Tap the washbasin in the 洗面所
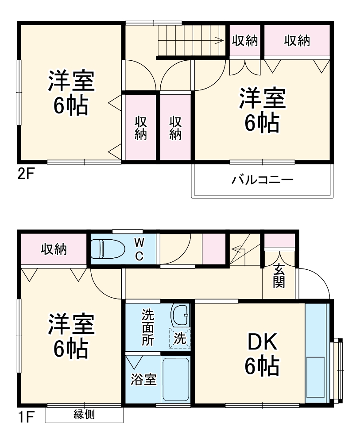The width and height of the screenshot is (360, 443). coord(180,315)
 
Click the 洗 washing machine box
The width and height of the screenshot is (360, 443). coord(180,339)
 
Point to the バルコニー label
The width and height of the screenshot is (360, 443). coord(262,180)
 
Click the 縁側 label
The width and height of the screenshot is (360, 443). coord(84,415)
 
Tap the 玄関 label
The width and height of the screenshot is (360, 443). coord(279,276)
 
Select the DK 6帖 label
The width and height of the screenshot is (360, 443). coord(262,354)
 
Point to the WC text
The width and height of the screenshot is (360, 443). coord(139,249)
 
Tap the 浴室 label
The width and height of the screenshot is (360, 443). coord(143,380)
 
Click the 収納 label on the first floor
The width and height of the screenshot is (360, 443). coord(54,249)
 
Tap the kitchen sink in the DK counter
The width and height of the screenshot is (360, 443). coord(317,377)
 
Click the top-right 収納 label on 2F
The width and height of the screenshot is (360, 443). coord(297,41)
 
